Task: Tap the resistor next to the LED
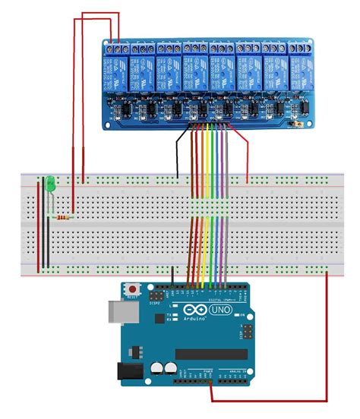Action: pos(64,217)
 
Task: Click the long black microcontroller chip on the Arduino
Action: pos(210,354)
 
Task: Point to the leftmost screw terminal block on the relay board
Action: pos(115,46)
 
